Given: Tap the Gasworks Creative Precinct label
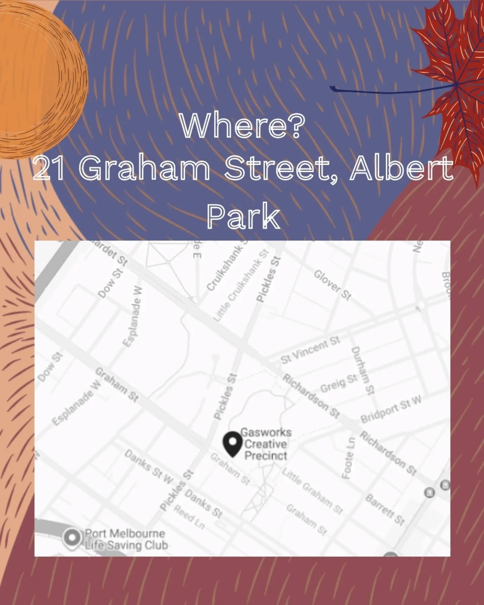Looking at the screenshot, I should pyautogui.click(x=266, y=444).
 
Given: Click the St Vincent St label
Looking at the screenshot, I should pyautogui.click(x=310, y=350).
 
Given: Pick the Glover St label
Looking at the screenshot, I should pyautogui.click(x=332, y=285).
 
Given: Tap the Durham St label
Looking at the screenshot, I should pyautogui.click(x=362, y=370).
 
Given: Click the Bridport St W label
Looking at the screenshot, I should pyautogui.click(x=391, y=409).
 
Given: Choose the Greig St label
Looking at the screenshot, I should pyautogui.click(x=338, y=383).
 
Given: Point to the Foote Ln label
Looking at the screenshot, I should pyautogui.click(x=348, y=457).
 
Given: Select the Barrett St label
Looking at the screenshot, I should pyautogui.click(x=385, y=509).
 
